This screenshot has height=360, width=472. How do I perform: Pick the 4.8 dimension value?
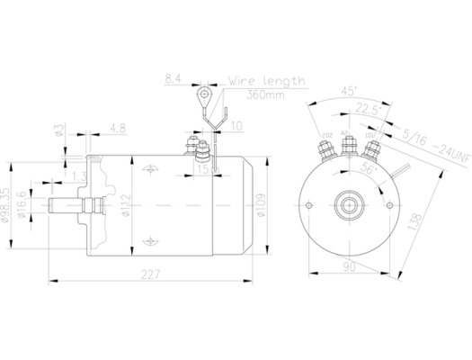[x=117, y=128]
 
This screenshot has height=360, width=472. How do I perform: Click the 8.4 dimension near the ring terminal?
[x=172, y=80]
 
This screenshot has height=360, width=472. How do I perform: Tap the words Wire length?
[x=267, y=80]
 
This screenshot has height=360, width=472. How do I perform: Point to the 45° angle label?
[x=347, y=91]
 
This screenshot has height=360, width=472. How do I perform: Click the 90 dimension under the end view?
[x=347, y=266]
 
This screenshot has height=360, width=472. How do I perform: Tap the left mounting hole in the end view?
[x=309, y=205]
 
